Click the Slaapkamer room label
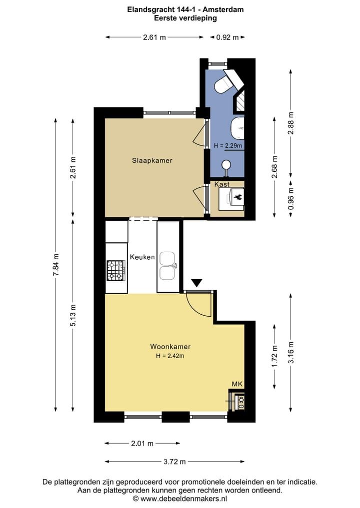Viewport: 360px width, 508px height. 152,161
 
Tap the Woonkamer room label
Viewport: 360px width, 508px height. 170,347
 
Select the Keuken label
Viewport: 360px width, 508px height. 142,257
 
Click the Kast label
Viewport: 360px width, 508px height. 222,184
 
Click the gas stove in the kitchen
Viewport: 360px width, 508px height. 116,270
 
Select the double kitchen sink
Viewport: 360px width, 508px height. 167,265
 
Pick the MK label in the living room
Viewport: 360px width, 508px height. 237,384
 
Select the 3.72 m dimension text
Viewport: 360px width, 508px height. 175,462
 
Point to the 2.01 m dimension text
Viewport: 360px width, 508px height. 142,443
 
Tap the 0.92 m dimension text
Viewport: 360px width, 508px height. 227,37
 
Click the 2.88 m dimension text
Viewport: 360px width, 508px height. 291,122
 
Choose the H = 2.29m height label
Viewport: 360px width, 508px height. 228,146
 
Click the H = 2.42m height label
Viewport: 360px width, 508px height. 170,356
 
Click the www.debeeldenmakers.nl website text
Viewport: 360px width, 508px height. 183,498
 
